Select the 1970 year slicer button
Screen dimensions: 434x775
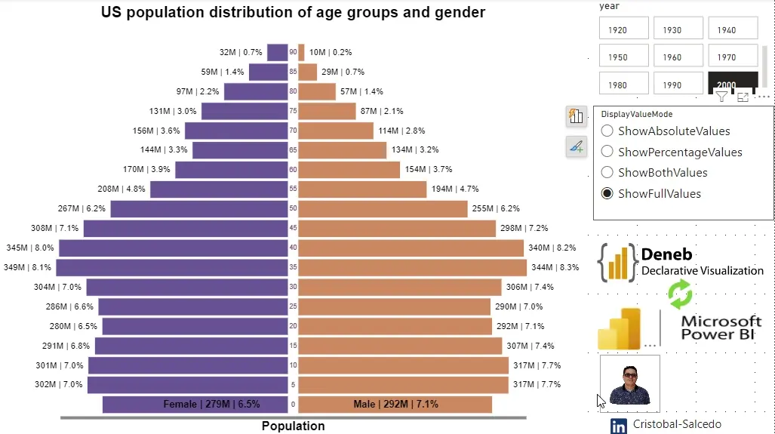click(x=732, y=56)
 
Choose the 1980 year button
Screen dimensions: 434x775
click(x=623, y=84)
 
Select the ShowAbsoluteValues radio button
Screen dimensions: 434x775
click(x=607, y=131)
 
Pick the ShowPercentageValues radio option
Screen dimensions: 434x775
click(x=607, y=152)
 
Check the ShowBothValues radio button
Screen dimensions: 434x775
click(x=607, y=173)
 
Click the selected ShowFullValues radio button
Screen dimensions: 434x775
click(x=607, y=194)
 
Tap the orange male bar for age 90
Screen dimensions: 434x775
click(x=301, y=52)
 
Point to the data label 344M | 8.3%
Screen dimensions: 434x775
click(x=555, y=267)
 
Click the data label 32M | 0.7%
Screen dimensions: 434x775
click(x=241, y=52)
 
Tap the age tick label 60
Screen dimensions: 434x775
click(x=293, y=170)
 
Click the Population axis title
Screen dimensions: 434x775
click(x=293, y=426)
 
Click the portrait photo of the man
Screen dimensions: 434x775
click(x=629, y=383)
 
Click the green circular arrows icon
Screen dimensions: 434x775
click(x=680, y=294)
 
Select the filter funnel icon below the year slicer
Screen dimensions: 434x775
click(x=721, y=97)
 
